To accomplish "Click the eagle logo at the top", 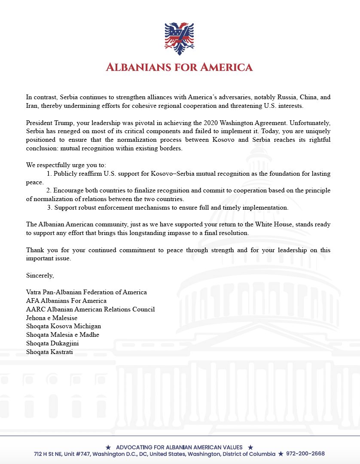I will (180, 39).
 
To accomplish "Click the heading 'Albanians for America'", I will (180, 67).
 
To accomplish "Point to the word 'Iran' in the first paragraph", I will (31, 106).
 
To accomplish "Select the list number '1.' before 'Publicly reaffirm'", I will (49, 174).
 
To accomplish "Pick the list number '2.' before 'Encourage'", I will (49, 190).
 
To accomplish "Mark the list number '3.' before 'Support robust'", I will (50, 208).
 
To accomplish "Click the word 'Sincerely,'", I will (40, 275).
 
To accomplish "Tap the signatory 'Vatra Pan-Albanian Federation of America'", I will (86, 292).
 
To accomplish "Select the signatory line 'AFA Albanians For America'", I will (66, 301).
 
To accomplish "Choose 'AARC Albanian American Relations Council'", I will (90, 309).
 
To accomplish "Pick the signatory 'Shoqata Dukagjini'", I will (52, 343).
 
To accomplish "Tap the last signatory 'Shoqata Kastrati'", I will (49, 352).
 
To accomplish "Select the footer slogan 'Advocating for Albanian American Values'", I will (179, 447).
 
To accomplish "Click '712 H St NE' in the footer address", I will (49, 454).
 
